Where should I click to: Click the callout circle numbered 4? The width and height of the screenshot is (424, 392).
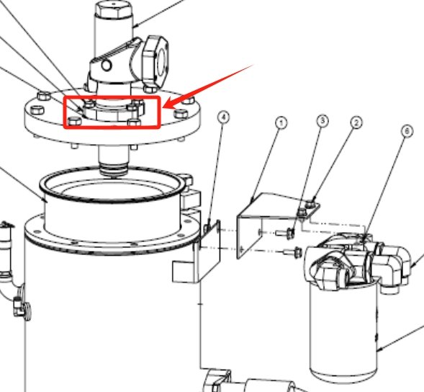click(224, 116)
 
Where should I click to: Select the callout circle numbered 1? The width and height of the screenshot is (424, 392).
click(281, 123)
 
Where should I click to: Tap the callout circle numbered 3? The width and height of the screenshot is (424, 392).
click(322, 120)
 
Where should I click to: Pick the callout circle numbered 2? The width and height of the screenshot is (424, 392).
click(356, 123)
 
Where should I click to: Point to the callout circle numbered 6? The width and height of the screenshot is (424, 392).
click(407, 130)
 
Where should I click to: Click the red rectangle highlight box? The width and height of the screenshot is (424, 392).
click(112, 112)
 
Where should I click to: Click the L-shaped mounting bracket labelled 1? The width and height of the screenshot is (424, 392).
click(266, 220)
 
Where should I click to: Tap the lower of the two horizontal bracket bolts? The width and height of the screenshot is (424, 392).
click(292, 251)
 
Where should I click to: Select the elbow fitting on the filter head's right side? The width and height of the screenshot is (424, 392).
click(397, 264)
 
